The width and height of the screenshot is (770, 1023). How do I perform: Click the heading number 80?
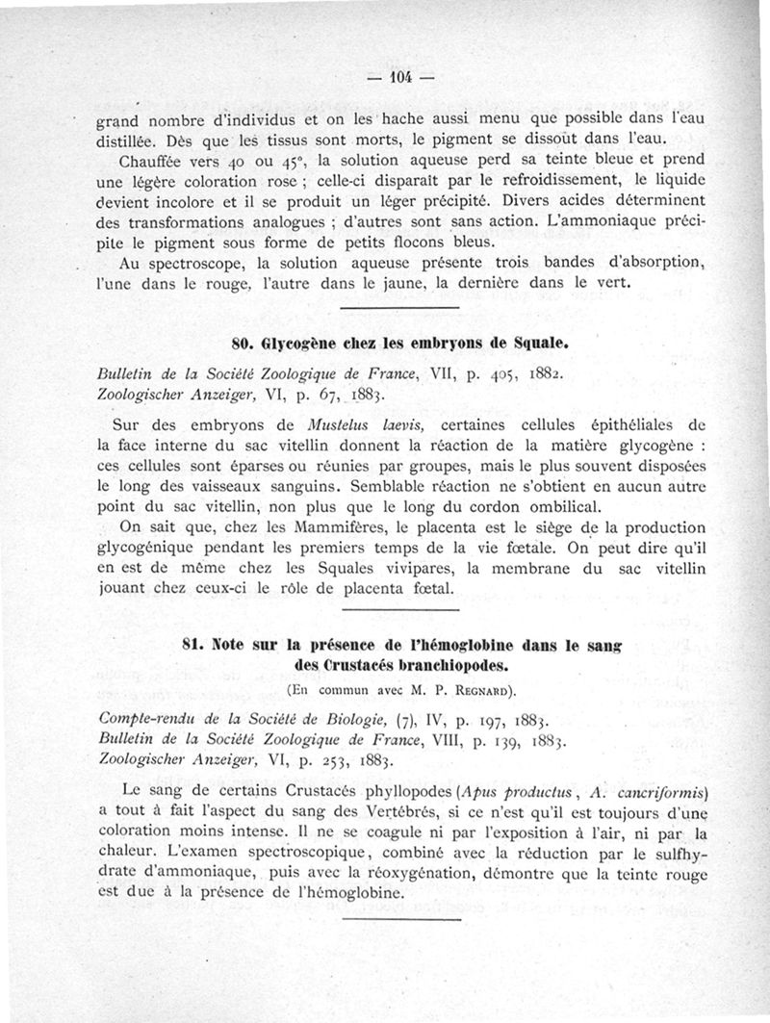click(x=244, y=342)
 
